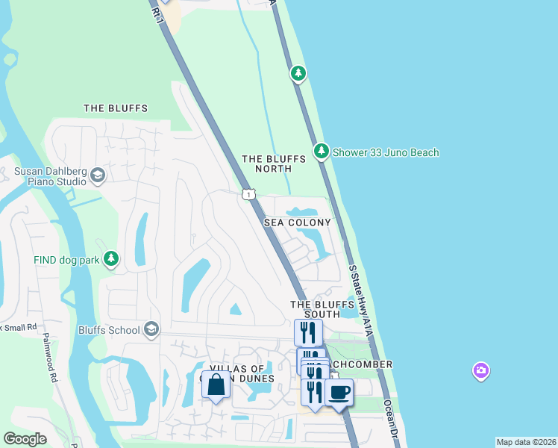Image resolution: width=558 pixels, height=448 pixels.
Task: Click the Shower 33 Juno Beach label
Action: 386,152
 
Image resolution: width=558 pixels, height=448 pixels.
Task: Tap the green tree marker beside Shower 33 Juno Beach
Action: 322,152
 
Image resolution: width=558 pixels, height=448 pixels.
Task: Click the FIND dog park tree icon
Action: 111,258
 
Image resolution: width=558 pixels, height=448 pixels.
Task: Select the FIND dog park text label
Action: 66,260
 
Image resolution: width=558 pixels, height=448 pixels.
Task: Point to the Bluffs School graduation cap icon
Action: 151,329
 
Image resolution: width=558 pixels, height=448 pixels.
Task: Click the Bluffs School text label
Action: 109,330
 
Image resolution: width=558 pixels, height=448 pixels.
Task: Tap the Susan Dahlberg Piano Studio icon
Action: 97,175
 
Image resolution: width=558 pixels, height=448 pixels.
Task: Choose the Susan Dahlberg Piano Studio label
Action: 47,175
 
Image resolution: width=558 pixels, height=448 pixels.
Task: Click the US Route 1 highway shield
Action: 248,194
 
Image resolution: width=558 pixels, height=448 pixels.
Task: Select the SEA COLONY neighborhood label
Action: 298,223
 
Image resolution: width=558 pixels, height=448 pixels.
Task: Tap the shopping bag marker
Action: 216,385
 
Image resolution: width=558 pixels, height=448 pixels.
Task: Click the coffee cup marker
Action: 339,392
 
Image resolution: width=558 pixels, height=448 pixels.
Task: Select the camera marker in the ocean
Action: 481,370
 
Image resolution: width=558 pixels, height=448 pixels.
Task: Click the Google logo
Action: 25,439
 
